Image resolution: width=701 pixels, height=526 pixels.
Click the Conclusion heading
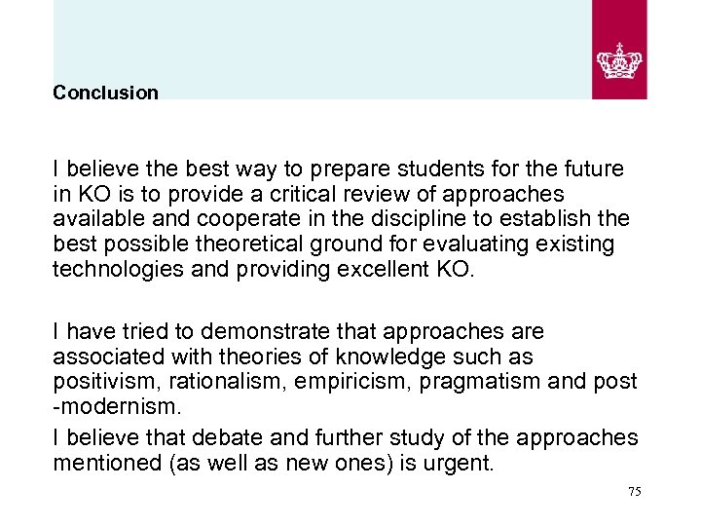(x=105, y=93)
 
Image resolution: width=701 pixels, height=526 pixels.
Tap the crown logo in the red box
(x=619, y=59)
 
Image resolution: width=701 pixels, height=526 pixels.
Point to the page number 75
(x=634, y=492)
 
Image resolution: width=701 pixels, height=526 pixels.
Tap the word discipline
(x=412, y=218)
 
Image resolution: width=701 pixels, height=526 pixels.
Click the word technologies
(x=116, y=269)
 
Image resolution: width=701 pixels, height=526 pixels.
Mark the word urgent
(x=458, y=463)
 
